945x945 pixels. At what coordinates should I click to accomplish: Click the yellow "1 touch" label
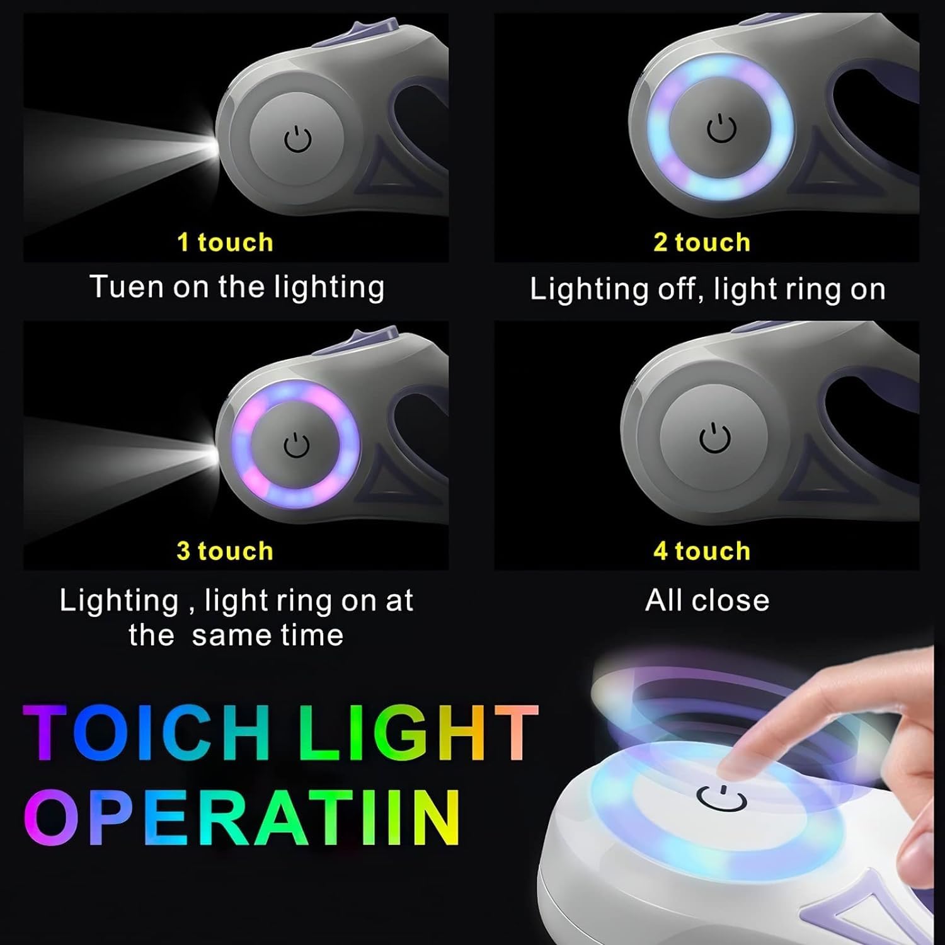(x=225, y=243)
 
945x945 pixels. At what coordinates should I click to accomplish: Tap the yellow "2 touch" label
(x=702, y=243)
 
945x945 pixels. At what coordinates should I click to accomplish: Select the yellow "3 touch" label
(x=225, y=551)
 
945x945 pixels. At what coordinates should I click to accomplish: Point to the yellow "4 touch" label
(x=702, y=551)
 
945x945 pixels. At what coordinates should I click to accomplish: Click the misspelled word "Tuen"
(x=127, y=287)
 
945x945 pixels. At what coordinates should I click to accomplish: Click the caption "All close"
(x=707, y=600)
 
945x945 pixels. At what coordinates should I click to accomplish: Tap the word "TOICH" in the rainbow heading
(x=147, y=733)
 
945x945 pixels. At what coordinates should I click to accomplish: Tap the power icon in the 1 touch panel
(x=297, y=139)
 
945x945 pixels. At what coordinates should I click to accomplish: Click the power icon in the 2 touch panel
(x=721, y=129)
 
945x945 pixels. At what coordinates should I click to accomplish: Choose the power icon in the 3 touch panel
(x=296, y=445)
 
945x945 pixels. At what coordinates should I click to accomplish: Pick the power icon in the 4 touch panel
(x=716, y=438)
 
